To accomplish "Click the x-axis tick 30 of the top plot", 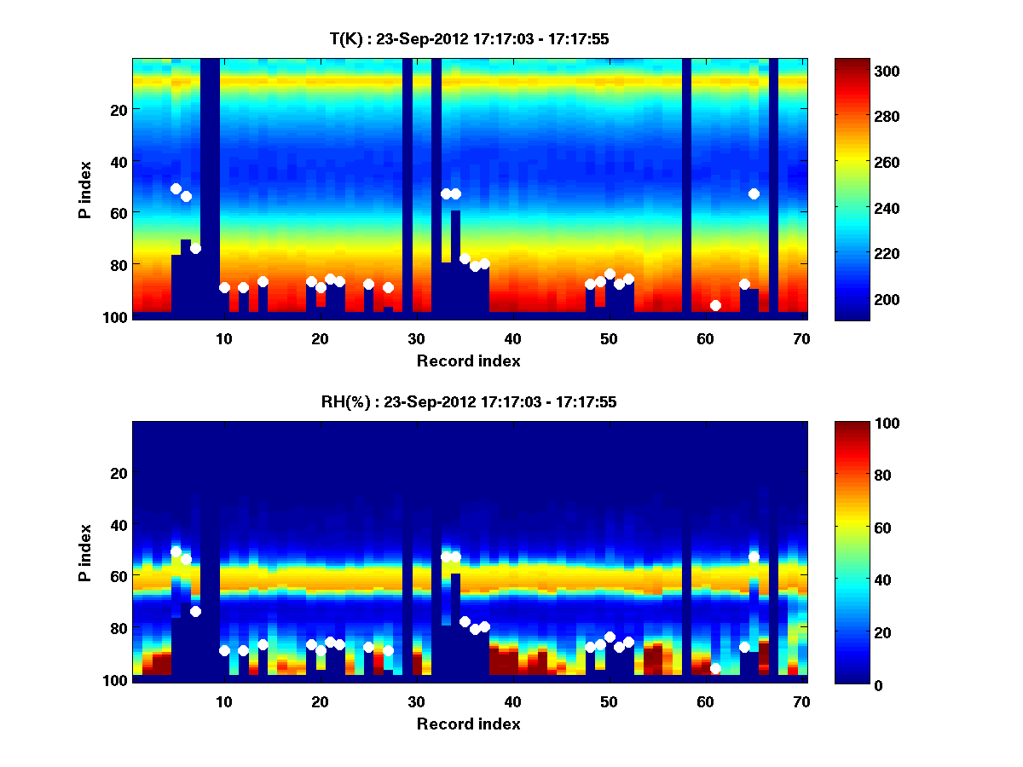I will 416,337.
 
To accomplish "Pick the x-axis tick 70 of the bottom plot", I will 801,701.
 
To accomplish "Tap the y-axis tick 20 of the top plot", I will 118,109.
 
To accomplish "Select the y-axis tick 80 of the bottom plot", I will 118,628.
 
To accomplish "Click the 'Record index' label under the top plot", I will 468,360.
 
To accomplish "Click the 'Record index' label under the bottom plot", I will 468,724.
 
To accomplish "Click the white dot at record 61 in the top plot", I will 715,305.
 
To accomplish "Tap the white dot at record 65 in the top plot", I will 754,193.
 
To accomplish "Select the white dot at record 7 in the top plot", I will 195,248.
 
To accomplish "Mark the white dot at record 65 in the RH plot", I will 754,557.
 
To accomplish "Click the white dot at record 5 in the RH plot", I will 176,551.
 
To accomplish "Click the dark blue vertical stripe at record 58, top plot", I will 686,187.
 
